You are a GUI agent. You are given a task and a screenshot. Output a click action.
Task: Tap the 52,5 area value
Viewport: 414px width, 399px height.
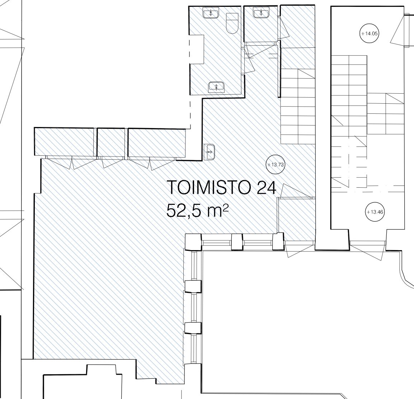point(184,211)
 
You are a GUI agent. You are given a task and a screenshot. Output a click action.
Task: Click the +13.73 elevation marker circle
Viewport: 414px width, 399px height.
point(275,164)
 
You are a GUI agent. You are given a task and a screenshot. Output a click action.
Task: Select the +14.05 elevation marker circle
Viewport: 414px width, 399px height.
point(370,33)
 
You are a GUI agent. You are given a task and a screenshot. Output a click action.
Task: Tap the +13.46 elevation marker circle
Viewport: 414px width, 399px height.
point(375,212)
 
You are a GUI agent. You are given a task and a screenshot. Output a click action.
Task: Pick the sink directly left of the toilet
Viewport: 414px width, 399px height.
point(211,13)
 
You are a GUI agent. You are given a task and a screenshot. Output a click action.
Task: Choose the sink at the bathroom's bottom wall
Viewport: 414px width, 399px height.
point(216,86)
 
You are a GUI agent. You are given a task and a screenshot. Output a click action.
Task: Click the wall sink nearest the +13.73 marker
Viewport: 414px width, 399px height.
point(210,152)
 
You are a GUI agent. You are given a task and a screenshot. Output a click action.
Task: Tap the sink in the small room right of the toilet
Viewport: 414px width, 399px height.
point(261,12)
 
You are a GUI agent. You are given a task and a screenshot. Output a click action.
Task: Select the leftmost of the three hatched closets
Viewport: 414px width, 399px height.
point(64,142)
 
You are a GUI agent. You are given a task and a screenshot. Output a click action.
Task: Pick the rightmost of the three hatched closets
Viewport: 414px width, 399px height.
point(157,142)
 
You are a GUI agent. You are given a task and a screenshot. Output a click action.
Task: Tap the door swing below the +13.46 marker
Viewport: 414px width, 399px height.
point(367,251)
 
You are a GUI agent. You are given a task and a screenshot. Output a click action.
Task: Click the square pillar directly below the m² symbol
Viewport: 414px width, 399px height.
point(237,242)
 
